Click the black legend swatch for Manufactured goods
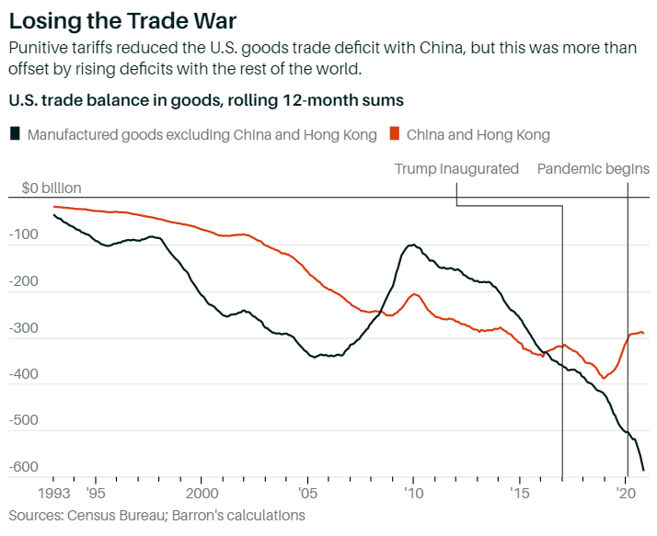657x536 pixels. click(15, 134)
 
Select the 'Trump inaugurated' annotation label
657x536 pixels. click(456, 168)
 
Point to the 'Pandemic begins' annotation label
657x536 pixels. click(593, 168)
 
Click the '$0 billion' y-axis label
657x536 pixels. click(52, 188)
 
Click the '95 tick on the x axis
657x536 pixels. click(97, 492)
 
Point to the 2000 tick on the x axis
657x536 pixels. click(202, 492)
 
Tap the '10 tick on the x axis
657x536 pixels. click(413, 492)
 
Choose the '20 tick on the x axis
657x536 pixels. click(626, 492)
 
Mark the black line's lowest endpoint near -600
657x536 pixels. click(643, 470)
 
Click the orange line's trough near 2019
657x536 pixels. click(605, 377)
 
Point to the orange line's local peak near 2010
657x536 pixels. click(414, 294)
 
